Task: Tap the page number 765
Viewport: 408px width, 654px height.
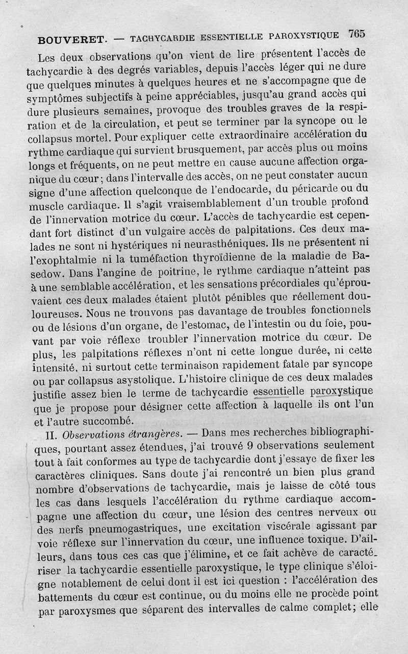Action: point(356,34)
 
